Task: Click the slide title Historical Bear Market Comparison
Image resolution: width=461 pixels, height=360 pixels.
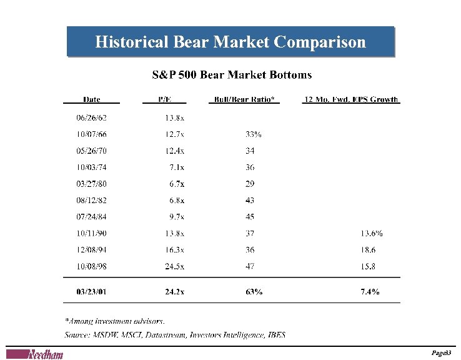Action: pyautogui.click(x=230, y=42)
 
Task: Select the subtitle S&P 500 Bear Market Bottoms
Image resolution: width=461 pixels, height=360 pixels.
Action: pyautogui.click(x=232, y=75)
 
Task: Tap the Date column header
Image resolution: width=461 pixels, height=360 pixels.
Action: pyautogui.click(x=91, y=99)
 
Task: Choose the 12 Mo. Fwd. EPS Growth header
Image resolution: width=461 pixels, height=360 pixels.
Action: pyautogui.click(x=351, y=99)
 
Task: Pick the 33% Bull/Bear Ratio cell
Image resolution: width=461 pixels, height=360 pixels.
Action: pyautogui.click(x=254, y=134)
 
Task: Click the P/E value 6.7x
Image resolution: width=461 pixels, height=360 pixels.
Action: pyautogui.click(x=177, y=184)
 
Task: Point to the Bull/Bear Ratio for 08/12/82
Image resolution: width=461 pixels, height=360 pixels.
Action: pyautogui.click(x=250, y=201)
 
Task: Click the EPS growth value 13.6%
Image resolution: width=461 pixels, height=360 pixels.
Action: pyautogui.click(x=372, y=234)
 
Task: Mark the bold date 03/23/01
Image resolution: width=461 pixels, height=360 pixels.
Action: pyautogui.click(x=91, y=292)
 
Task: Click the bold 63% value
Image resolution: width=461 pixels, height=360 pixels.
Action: pyautogui.click(x=254, y=292)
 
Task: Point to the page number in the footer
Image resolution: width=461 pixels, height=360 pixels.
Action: pyautogui.click(x=442, y=354)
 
